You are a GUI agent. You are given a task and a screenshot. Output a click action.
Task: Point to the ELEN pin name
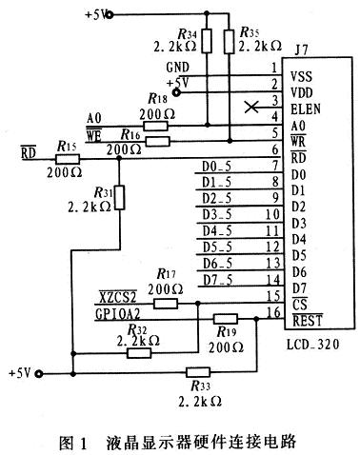(x=304, y=108)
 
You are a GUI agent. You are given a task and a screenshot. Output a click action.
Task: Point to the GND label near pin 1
(x=177, y=69)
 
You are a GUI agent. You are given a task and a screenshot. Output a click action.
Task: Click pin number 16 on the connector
(x=273, y=313)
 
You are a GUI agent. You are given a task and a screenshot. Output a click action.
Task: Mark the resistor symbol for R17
(x=167, y=303)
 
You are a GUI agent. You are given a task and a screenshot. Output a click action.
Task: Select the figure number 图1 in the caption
(x=73, y=442)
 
